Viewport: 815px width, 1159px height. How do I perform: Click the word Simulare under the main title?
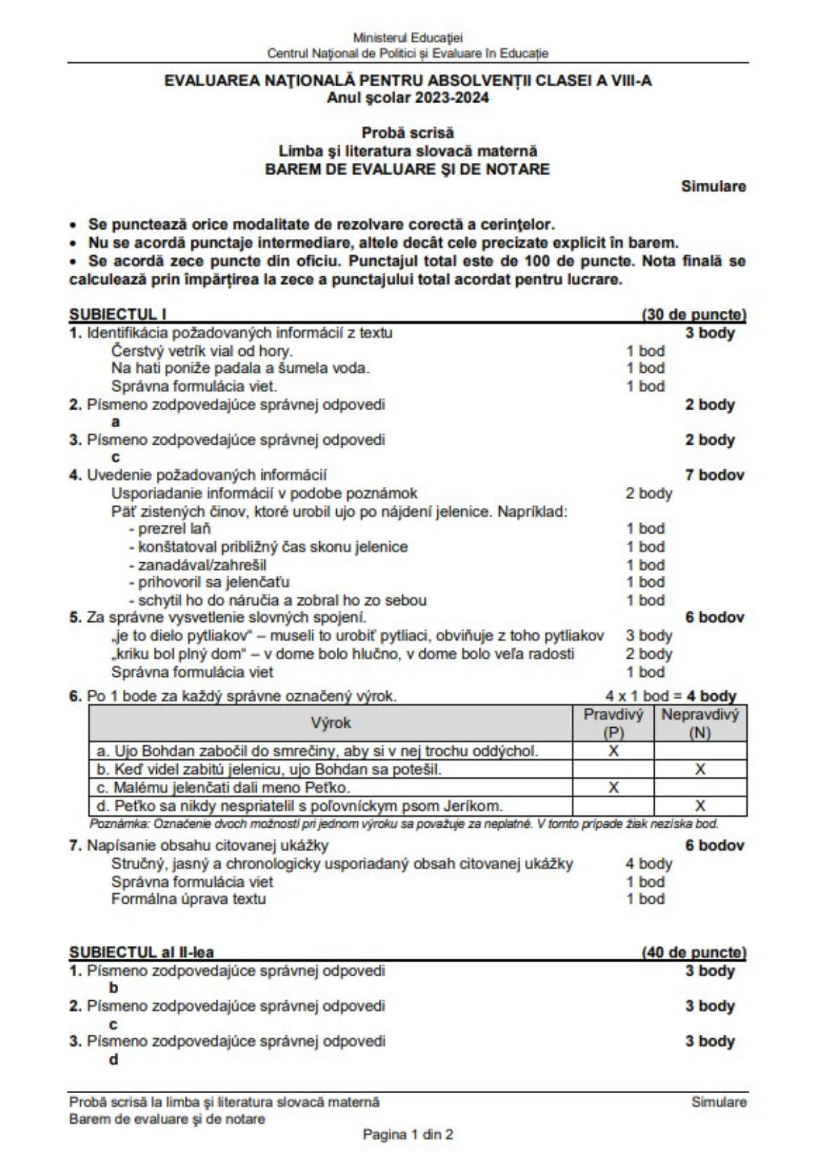[x=713, y=186]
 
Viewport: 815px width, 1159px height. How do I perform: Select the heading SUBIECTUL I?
[x=117, y=314]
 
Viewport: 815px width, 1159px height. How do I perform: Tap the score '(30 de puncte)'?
[x=693, y=314]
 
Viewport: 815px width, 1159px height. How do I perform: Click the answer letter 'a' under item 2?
[x=115, y=422]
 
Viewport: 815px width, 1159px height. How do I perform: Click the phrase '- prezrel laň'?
[x=170, y=528]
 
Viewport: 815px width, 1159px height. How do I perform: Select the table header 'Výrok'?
[x=331, y=722]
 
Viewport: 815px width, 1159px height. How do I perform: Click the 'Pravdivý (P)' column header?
[x=613, y=723]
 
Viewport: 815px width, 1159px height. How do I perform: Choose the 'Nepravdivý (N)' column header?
[x=700, y=723]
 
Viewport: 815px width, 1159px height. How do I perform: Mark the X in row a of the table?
[x=613, y=751]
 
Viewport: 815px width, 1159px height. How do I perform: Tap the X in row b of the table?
[x=700, y=769]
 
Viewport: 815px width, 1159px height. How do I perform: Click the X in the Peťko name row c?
[x=613, y=788]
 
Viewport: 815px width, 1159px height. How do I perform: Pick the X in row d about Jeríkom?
[x=700, y=806]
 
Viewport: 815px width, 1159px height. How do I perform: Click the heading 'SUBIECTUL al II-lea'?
[x=141, y=953]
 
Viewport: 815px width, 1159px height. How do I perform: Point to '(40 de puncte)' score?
[x=693, y=953]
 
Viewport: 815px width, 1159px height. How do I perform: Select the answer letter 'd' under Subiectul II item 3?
[x=113, y=1060]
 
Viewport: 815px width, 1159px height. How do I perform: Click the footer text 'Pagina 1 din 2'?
[x=407, y=1135]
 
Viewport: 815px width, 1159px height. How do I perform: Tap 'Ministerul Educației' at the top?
[x=407, y=38]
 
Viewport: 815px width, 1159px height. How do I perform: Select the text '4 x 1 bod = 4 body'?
[x=670, y=696]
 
